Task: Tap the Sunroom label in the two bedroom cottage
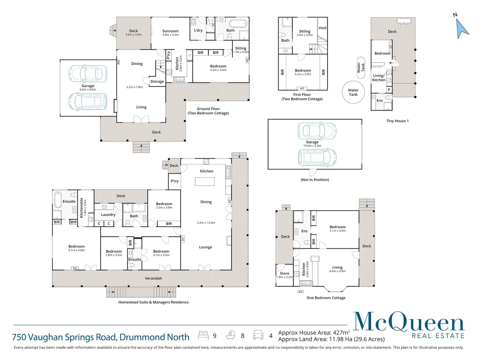coord(170,31)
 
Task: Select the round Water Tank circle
coord(353,92)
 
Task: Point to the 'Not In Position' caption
coord(315,180)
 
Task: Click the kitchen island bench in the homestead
coord(205,181)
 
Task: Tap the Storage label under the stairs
coord(157,81)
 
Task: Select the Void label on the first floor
coord(322,28)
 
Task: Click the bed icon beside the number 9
coord(203,335)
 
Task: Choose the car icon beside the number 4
coord(258,335)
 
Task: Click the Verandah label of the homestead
coord(153,278)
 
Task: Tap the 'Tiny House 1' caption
coord(397,121)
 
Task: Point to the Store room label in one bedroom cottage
coord(284,273)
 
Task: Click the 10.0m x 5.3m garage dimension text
coord(312,146)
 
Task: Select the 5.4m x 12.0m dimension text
coord(206,223)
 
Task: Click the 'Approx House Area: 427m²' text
coord(314,333)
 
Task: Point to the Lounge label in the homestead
coord(205,247)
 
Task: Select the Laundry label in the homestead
coord(108,215)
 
